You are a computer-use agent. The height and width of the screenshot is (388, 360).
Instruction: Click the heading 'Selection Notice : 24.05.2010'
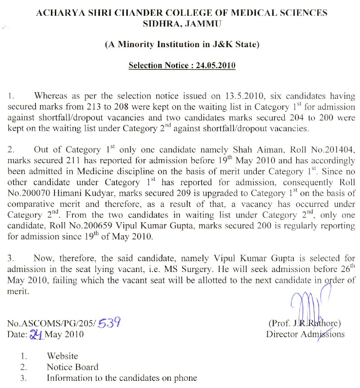pyautogui.click(x=182, y=65)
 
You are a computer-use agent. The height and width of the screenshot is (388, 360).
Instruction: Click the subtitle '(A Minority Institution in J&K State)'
pyautogui.click(x=182, y=45)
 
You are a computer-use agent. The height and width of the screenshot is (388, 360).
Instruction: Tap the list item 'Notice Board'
pyautogui.click(x=72, y=367)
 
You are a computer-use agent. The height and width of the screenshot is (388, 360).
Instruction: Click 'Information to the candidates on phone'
pyautogui.click(x=121, y=378)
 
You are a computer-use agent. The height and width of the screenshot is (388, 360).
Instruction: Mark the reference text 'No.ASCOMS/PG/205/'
pyautogui.click(x=52, y=323)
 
